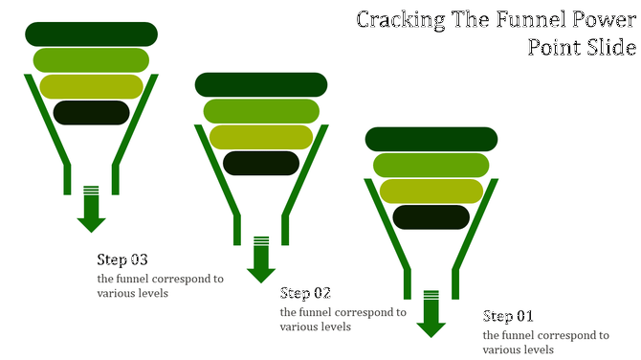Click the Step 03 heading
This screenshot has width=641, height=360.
click(x=122, y=259)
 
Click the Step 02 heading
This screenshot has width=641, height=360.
click(x=305, y=293)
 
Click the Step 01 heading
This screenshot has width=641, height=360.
click(x=508, y=316)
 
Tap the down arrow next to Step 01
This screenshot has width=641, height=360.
click(x=431, y=314)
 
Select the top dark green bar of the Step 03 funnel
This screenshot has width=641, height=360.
click(x=91, y=34)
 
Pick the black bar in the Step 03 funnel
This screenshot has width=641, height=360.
click(x=91, y=112)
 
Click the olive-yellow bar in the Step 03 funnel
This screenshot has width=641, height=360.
click(x=91, y=86)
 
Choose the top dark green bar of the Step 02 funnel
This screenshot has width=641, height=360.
click(x=261, y=84)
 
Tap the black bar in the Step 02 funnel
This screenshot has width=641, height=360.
click(x=261, y=163)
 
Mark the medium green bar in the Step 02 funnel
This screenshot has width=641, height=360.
click(x=261, y=111)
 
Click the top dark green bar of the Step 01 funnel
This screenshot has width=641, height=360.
click(x=431, y=139)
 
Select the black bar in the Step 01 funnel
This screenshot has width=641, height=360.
click(x=431, y=216)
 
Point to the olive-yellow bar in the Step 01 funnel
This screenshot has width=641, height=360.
click(x=431, y=191)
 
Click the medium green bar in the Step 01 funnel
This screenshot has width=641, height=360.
click(x=431, y=165)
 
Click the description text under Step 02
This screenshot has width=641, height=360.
click(x=343, y=319)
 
